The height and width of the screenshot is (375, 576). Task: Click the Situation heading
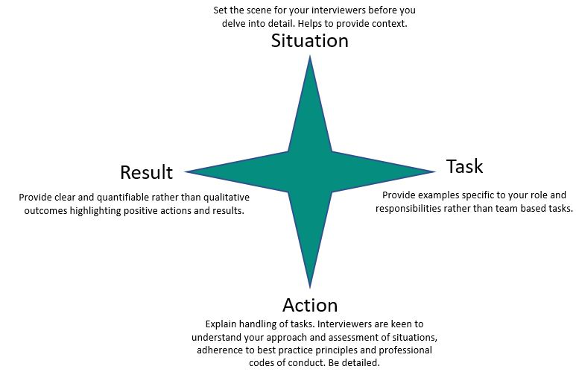(309, 41)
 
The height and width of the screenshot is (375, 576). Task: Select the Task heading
(464, 166)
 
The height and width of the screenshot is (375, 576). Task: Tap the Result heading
(146, 173)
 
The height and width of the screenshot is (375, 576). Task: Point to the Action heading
(310, 305)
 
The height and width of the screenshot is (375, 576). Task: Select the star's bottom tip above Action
(310, 286)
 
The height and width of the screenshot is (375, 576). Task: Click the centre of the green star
(310, 172)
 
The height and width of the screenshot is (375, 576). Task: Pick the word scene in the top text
(268, 10)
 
